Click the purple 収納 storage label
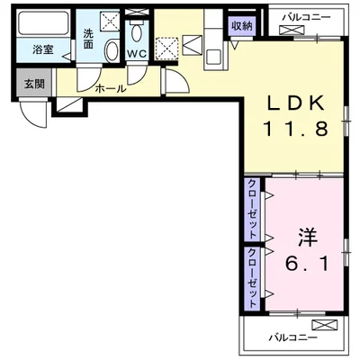pyautogui.click(x=240, y=27)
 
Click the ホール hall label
pyautogui.click(x=111, y=88)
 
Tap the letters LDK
pyautogui.click(x=293, y=102)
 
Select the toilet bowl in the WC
pyautogui.click(x=137, y=34)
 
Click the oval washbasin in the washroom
pyautogui.click(x=109, y=49)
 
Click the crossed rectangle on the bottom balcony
pyautogui.click(x=322, y=324)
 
